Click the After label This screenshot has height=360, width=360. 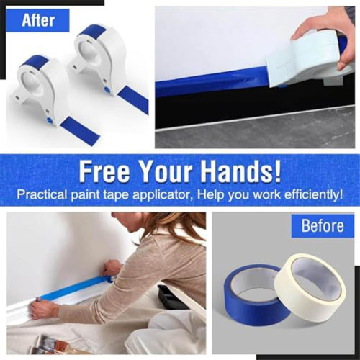[x=37, y=20]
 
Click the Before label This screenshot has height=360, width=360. [x=322, y=226]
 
